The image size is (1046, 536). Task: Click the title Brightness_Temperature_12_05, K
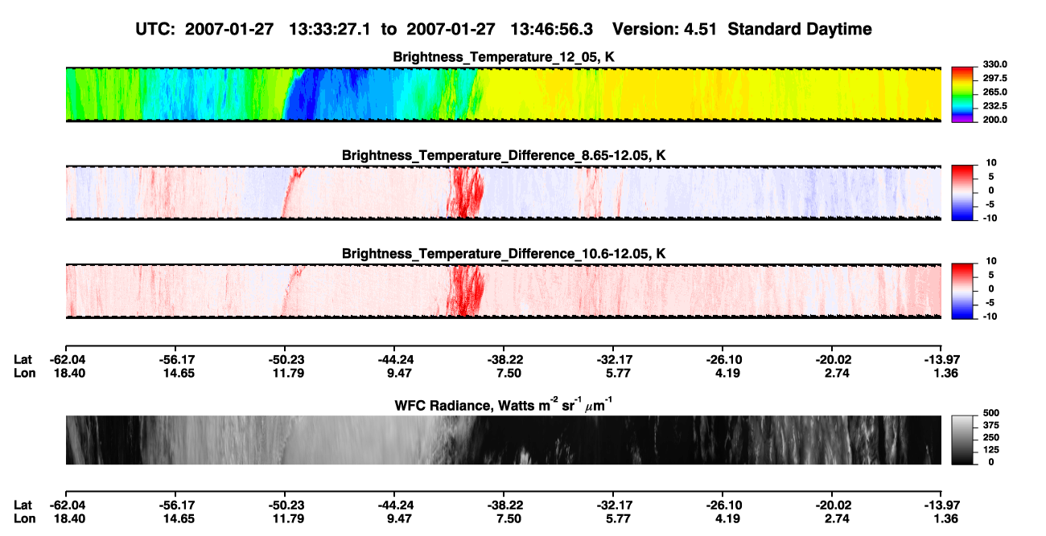tap(504, 57)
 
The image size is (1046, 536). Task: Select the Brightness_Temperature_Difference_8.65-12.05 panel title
tap(504, 155)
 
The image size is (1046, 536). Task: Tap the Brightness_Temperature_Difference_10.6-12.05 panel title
tap(504, 254)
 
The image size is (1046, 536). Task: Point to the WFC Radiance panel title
tap(504, 404)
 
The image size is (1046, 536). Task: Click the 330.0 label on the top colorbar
tap(995, 64)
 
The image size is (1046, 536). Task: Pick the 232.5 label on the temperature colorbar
tap(995, 106)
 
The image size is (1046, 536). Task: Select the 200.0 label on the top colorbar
tap(995, 120)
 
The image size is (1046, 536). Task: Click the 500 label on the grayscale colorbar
tap(991, 413)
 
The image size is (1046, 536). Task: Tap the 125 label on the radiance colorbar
tap(991, 450)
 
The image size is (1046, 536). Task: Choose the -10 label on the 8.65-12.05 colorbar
tap(989, 218)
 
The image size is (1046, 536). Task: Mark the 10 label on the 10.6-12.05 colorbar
tap(991, 261)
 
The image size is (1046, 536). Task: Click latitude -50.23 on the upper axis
tap(286, 360)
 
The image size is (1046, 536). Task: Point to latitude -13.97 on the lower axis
tap(941, 505)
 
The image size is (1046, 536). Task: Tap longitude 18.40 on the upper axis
tap(69, 373)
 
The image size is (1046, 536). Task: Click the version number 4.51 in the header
tap(700, 29)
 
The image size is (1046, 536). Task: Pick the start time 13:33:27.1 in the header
tap(330, 29)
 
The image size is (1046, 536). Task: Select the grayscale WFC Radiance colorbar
tap(962, 440)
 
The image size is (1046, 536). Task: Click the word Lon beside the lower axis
tap(25, 518)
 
